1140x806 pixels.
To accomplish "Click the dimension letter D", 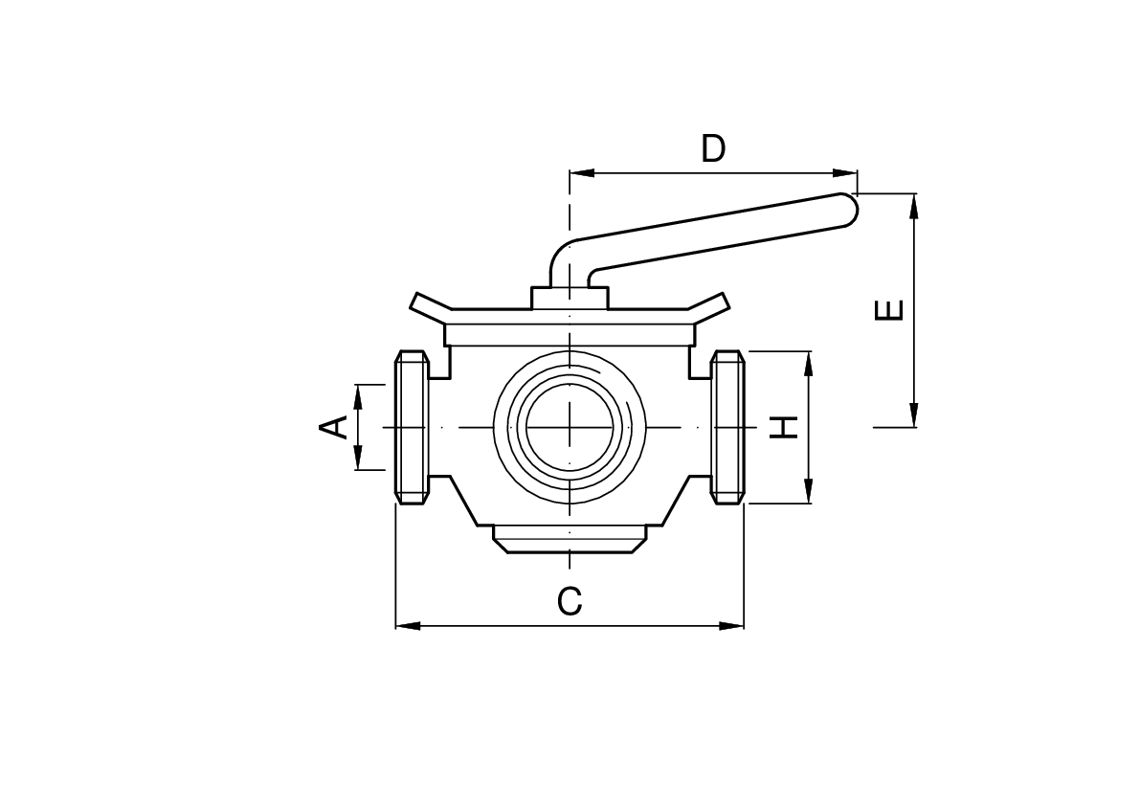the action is [x=713, y=148].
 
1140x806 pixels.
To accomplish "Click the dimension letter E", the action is [x=889, y=310].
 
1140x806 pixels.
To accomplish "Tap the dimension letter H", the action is [x=784, y=427].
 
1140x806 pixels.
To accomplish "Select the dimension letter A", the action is [x=333, y=427].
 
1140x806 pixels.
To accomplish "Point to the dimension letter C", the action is [x=570, y=601].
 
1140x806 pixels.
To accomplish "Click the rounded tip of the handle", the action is [x=851, y=210].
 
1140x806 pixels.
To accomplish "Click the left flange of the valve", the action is [x=413, y=427].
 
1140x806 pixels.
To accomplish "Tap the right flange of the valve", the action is [x=727, y=427].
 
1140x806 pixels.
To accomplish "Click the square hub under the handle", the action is [x=570, y=298].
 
